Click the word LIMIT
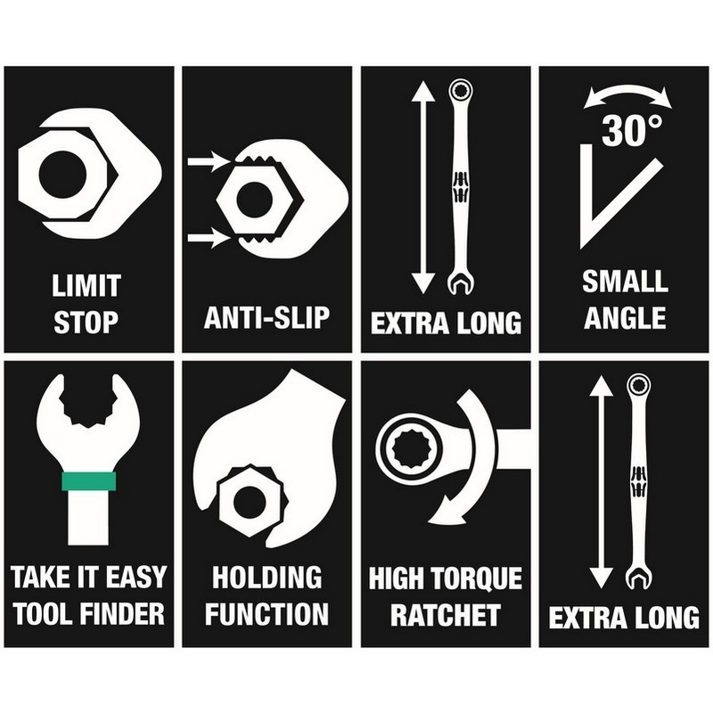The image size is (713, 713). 86,285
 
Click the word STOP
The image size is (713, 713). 86,322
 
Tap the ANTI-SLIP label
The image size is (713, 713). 266,317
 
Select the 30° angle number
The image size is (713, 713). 632,130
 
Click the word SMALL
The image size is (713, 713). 626,281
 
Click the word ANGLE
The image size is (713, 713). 626,317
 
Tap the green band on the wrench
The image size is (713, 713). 88,481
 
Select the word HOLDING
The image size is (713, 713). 266,577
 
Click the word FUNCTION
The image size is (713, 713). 266,613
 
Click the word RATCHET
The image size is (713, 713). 446,614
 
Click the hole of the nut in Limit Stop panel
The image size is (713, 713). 62,175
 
